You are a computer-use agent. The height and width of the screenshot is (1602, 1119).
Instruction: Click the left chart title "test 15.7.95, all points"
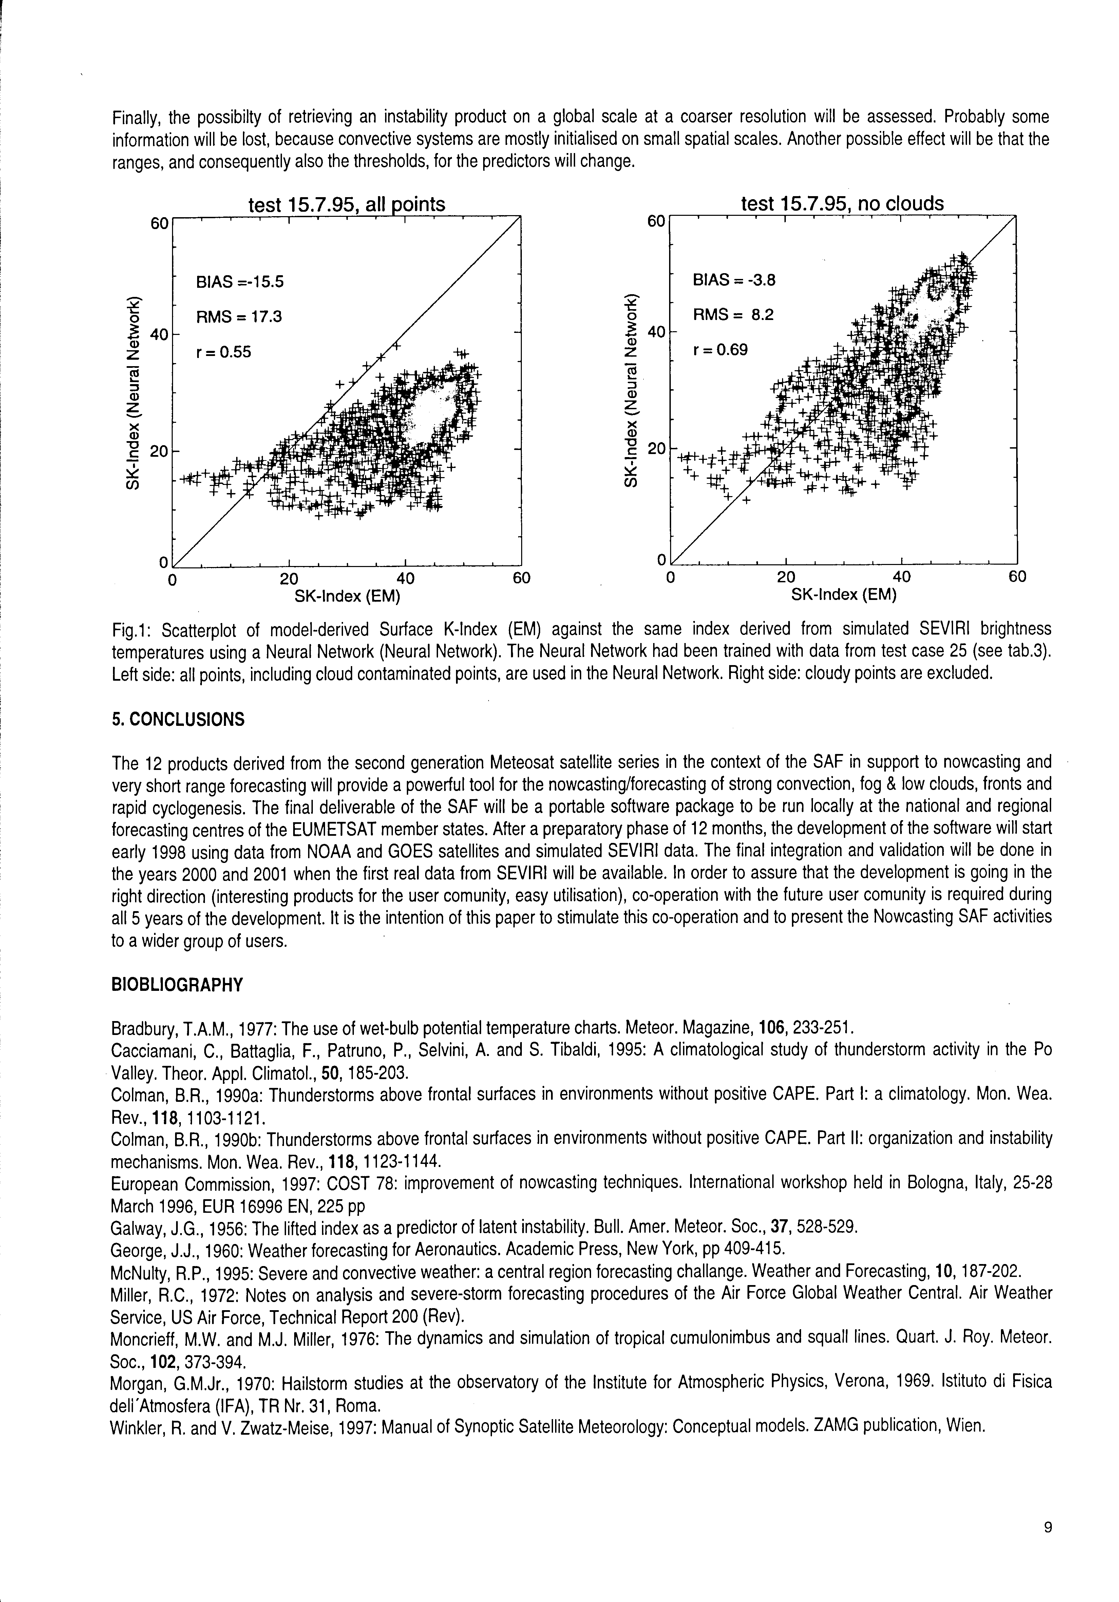347,204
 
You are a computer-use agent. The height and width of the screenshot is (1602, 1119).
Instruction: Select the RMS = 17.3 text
239,317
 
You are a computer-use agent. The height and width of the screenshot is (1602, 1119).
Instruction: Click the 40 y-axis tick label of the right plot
657,333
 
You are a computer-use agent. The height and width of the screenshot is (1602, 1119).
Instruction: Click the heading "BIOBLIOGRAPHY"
177,985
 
